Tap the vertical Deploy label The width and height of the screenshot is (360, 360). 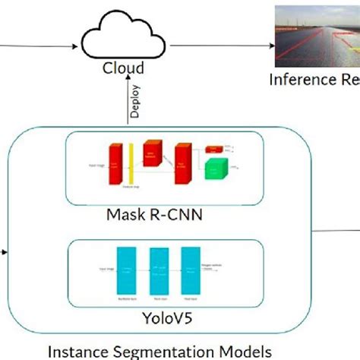(x=135, y=100)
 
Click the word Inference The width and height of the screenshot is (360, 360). (x=296, y=80)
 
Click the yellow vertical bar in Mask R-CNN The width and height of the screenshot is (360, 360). (x=133, y=165)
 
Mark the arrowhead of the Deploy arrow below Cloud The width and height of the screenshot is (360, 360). (x=126, y=84)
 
